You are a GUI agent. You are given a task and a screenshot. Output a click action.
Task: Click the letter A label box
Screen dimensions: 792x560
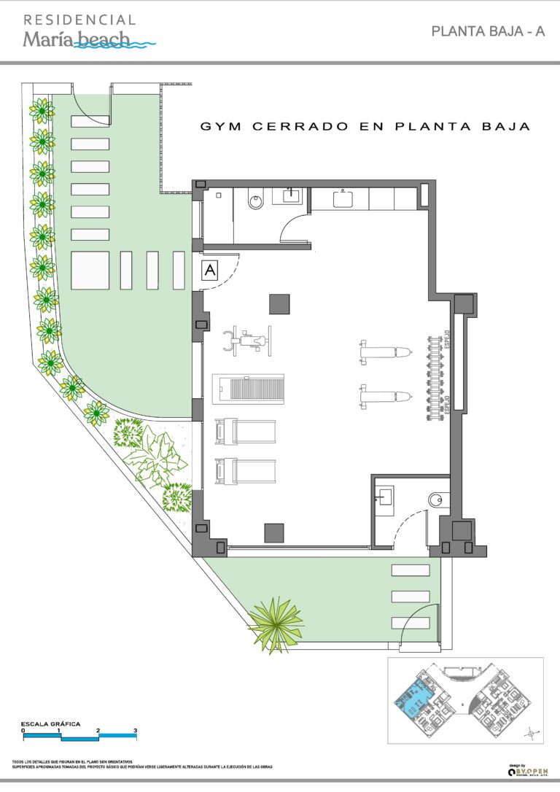coord(210,270)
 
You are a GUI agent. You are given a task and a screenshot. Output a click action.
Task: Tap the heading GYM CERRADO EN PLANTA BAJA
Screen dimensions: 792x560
coord(365,126)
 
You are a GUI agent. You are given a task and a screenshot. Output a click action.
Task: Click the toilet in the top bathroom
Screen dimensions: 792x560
coord(254,200)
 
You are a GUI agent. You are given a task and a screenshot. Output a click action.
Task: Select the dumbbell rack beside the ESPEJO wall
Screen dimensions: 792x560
coord(438,376)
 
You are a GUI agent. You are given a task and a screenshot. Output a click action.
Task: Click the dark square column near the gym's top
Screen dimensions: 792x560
coord(279,303)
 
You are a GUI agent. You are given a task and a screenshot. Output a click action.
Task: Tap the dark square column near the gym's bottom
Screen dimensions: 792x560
coord(274,533)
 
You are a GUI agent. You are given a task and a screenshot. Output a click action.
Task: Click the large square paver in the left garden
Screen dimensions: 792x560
coord(90,270)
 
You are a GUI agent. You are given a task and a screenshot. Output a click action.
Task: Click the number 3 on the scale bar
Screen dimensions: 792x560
coord(135,730)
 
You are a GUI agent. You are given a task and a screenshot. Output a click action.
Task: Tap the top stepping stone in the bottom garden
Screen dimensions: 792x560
coord(411,570)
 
